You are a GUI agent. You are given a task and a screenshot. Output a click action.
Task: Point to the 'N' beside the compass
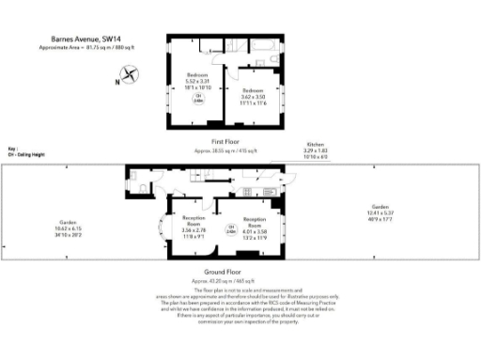[116, 82]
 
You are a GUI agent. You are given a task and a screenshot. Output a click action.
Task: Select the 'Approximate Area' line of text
[86, 47]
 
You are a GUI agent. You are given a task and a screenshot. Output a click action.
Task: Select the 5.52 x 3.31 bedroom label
[197, 79]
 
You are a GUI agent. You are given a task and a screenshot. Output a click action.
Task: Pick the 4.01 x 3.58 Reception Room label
[255, 226]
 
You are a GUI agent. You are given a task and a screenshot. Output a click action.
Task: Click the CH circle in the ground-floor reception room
[230, 228]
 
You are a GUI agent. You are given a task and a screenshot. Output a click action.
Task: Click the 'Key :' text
[12, 149]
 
